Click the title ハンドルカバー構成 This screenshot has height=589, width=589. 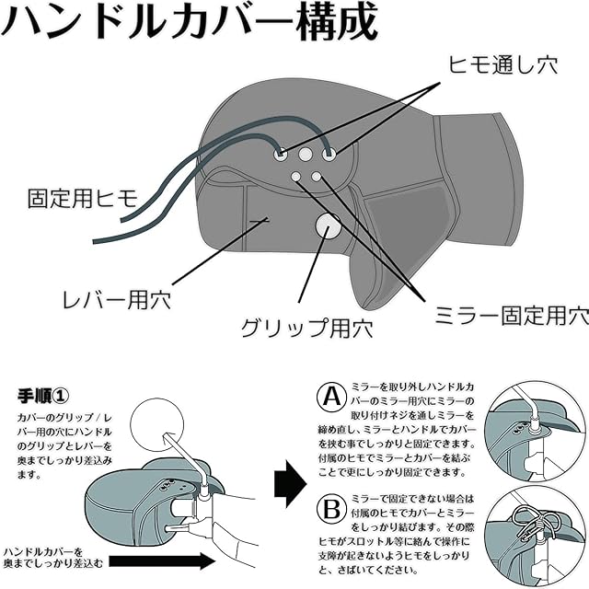(190, 22)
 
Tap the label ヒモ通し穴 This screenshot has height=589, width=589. (502, 64)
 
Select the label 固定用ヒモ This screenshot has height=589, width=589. (83, 199)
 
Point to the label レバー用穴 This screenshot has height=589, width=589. (117, 299)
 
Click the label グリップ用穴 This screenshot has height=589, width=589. (306, 328)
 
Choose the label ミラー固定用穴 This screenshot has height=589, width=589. (512, 315)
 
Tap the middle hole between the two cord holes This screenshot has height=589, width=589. (305, 154)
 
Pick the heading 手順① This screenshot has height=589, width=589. (43, 396)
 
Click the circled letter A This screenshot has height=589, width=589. (331, 397)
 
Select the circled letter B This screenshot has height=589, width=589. (331, 509)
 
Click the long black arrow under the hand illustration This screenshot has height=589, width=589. (162, 561)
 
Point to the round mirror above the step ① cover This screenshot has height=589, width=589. (157, 425)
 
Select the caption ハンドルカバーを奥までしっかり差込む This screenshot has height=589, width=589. (53, 558)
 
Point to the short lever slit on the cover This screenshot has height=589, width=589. (260, 221)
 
